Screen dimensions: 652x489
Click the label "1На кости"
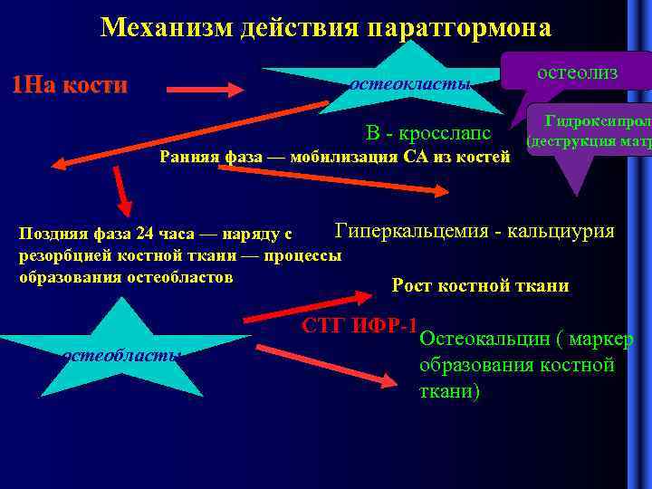tap(69, 85)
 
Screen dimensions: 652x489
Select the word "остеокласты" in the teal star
tap(410, 85)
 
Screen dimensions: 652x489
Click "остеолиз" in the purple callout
tap(577, 72)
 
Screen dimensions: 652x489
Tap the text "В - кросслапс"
tap(427, 133)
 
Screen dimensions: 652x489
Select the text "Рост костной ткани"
tap(480, 286)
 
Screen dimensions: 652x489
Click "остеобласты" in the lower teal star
tap(120, 355)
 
